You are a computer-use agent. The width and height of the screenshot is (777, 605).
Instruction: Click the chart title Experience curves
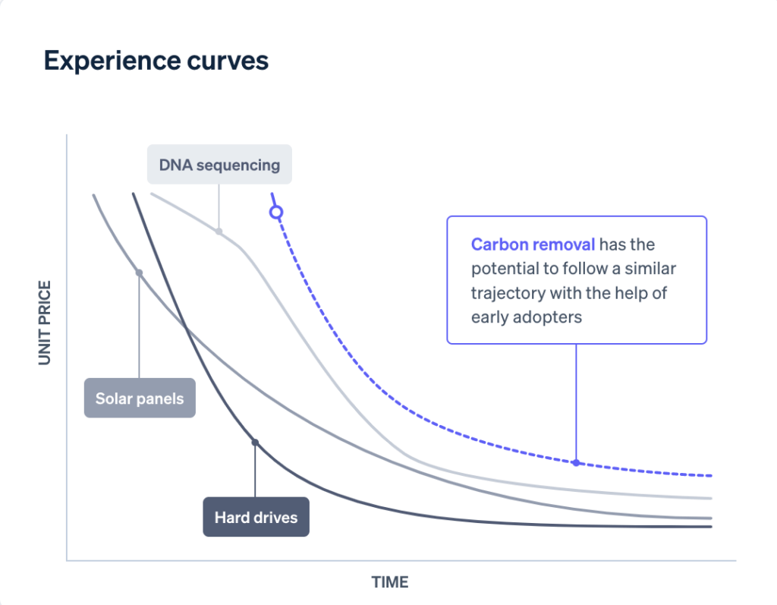click(x=156, y=61)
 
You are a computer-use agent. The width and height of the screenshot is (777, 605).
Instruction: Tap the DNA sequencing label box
click(x=219, y=165)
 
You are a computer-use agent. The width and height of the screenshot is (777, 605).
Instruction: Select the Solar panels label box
click(x=140, y=398)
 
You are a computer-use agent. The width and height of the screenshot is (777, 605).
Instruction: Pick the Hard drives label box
click(x=256, y=517)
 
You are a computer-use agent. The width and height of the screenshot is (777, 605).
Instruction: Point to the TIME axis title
click(x=390, y=582)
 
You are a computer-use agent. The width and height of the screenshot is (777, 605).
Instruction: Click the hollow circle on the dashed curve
click(x=276, y=213)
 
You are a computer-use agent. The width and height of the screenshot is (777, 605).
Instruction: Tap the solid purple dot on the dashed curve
click(x=576, y=462)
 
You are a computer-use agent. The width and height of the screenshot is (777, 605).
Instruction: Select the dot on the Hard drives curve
click(x=255, y=442)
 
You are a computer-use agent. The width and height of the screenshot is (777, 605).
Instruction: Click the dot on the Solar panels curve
click(x=139, y=273)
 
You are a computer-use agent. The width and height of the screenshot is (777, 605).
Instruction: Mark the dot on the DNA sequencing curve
click(x=219, y=232)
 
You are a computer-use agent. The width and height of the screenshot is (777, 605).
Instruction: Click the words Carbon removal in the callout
click(x=533, y=244)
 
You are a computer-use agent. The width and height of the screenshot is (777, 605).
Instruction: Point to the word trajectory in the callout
click(x=506, y=293)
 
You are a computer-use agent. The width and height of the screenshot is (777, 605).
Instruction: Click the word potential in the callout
click(x=508, y=269)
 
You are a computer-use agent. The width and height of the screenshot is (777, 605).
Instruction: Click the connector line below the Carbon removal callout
click(x=576, y=402)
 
